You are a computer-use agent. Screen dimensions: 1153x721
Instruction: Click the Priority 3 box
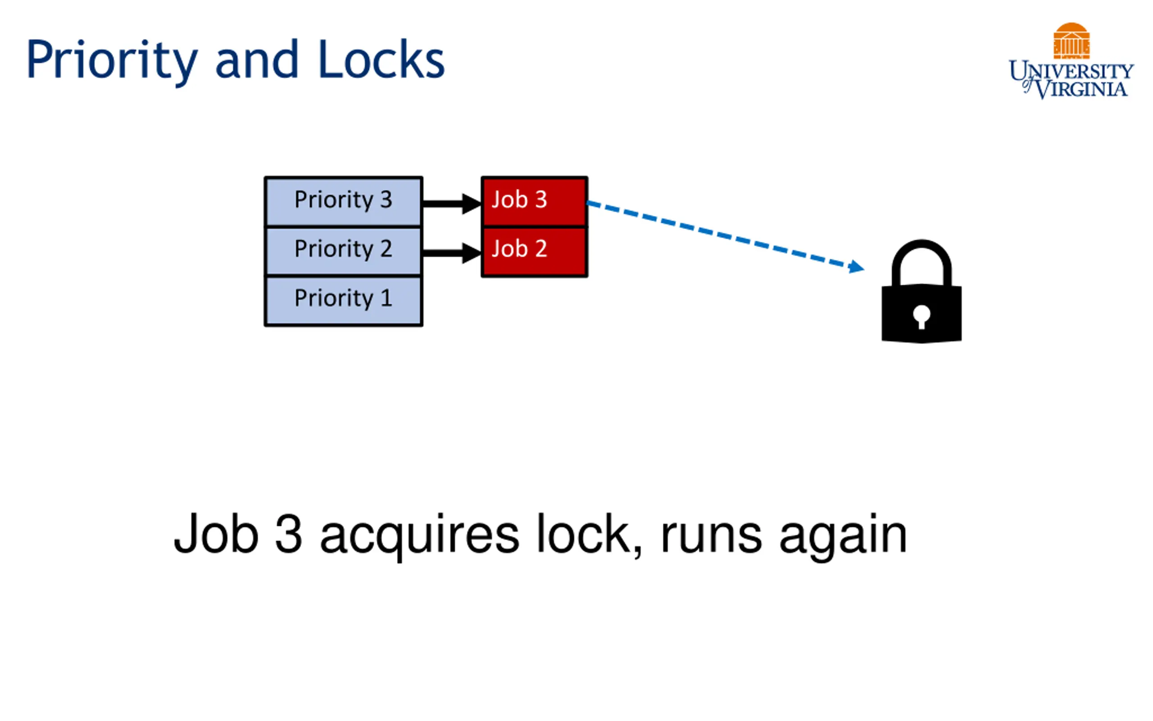pos(344,201)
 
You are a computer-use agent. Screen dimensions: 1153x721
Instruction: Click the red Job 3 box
pos(535,201)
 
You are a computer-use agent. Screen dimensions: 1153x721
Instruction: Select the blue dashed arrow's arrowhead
pos(857,267)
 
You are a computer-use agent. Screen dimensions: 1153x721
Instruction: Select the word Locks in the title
pos(381,59)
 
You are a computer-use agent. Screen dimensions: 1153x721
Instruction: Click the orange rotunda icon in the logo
pos(1071,41)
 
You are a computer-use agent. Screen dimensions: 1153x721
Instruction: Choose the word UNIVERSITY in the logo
pos(1071,71)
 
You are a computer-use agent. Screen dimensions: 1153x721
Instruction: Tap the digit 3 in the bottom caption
pos(289,534)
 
